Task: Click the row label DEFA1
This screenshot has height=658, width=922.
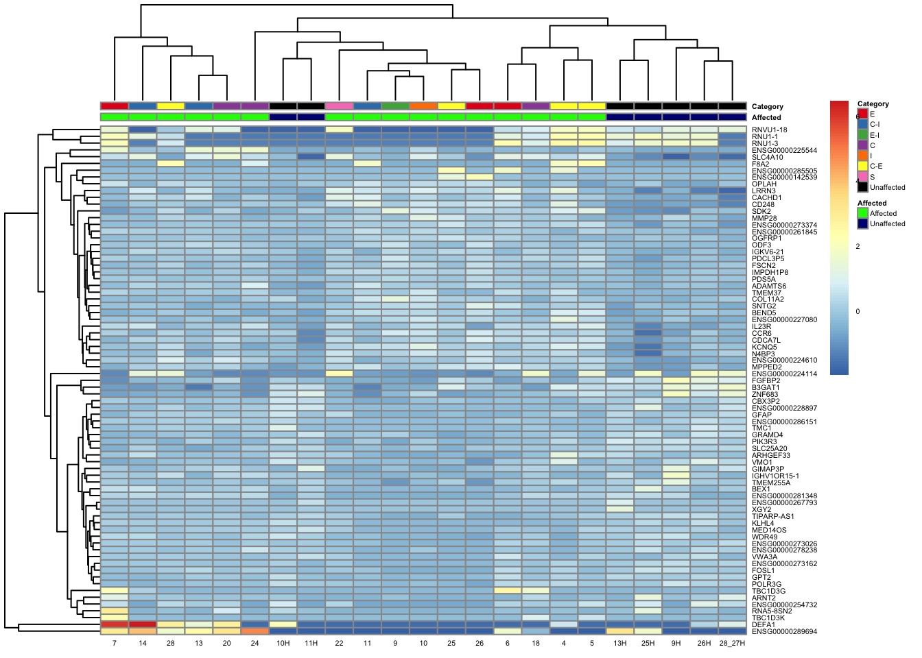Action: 763,625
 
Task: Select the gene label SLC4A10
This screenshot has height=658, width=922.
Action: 768,157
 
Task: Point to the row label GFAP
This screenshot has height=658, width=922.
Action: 761,415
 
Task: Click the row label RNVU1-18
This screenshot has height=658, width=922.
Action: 769,130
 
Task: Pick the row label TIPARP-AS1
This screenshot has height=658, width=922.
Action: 772,517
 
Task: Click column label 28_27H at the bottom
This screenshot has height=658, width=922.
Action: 732,644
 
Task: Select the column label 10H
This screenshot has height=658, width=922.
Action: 283,644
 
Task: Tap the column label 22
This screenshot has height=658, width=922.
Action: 339,644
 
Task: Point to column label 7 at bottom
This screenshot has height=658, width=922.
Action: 115,644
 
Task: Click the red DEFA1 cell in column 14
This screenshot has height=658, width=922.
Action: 143,624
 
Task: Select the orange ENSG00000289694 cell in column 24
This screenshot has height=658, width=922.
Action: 255,631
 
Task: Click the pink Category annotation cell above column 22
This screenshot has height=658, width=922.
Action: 339,106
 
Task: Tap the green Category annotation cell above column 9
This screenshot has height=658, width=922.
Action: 395,106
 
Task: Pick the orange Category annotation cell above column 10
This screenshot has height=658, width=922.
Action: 423,106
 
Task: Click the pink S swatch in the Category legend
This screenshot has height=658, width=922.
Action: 862,177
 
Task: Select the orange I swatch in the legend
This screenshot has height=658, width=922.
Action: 862,156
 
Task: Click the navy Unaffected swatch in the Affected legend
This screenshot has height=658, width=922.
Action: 862,224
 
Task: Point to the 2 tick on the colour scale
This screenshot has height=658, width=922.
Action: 858,246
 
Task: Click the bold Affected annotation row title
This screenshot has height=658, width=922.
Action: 766,118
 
